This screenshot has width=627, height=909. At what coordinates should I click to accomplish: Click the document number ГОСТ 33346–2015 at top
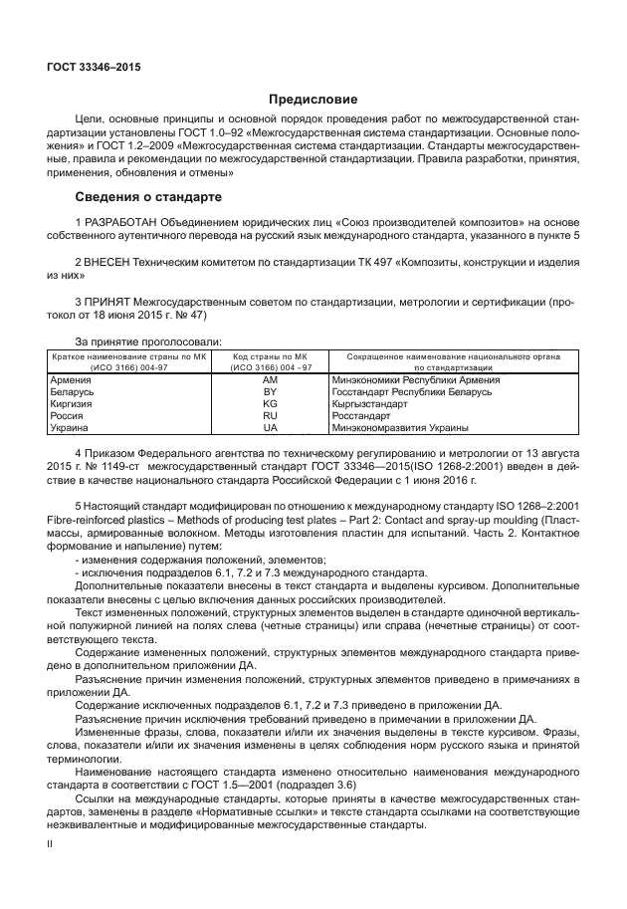point(94,67)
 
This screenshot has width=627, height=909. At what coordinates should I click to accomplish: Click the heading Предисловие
point(313,100)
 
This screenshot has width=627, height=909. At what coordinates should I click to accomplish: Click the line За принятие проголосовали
point(148,341)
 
